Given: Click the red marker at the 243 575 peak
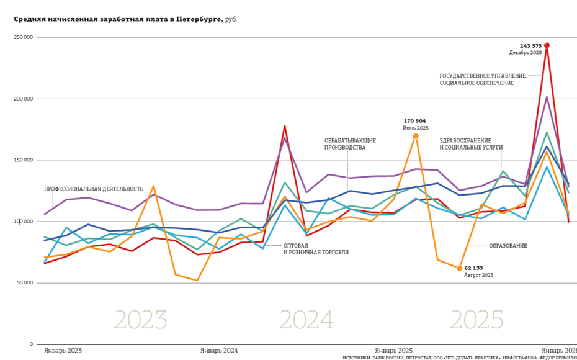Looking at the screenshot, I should tap(547, 45).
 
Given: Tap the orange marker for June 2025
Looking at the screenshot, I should tap(416, 136).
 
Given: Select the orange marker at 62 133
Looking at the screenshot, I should tap(460, 268).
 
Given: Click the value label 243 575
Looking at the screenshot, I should tap(530, 46).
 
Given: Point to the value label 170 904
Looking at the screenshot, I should tap(414, 121).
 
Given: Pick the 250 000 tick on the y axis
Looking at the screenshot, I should tap(24, 37).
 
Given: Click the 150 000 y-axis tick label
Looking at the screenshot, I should tap(24, 160).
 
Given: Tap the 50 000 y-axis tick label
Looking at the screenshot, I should tap(25, 283).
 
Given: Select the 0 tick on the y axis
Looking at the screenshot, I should tap(31, 344).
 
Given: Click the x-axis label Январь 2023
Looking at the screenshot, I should tap(63, 351).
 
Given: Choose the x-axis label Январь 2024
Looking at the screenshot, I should tap(218, 351).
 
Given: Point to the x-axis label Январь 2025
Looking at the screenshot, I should tap(393, 351).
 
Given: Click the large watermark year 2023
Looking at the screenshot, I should tap(140, 320).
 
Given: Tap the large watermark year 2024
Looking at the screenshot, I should tap(306, 320).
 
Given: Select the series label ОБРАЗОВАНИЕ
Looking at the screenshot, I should tap(508, 246).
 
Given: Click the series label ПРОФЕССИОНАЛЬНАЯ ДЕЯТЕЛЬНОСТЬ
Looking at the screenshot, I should tap(94, 189).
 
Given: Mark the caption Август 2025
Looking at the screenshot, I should tap(478, 275).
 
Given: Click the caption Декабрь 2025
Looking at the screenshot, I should tap(525, 53).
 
